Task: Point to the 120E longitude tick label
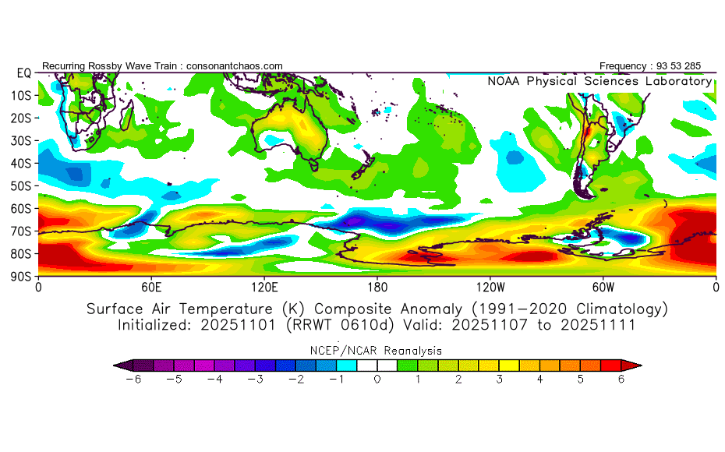pyautogui.click(x=264, y=286)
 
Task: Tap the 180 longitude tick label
pyautogui.click(x=377, y=286)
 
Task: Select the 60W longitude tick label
pyautogui.click(x=603, y=286)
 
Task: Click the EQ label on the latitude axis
pyautogui.click(x=23, y=72)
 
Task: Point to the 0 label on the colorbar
pyautogui.click(x=377, y=380)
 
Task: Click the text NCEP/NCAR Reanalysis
pyautogui.click(x=377, y=351)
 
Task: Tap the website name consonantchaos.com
pyautogui.click(x=235, y=65)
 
